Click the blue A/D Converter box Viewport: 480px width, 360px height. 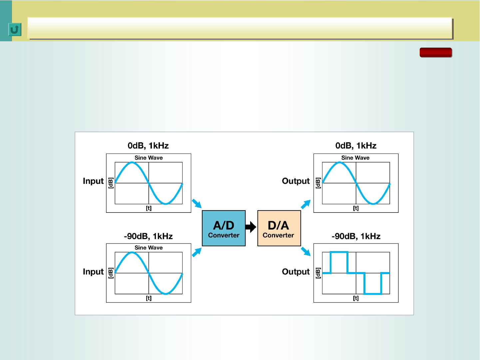pos(224,228)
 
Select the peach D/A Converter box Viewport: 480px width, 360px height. pos(279,228)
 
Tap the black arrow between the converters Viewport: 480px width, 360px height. pos(251,227)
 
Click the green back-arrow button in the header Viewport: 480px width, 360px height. pos(15,29)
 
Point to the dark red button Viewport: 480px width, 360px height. pos(436,53)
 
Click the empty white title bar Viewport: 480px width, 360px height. pos(240,28)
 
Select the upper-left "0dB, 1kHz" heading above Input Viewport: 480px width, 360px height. pos(148,146)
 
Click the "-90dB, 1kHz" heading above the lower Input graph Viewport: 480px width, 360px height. pos(148,236)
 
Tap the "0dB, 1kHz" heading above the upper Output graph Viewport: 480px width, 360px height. pos(356,146)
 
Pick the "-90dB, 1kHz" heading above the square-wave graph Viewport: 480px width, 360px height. pos(356,236)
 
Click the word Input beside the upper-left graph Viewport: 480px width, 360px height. pos(93,181)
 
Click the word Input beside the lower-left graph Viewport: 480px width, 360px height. pos(93,272)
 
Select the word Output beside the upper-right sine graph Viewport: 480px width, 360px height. pos(296,181)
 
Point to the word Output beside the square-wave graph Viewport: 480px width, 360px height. pos(296,272)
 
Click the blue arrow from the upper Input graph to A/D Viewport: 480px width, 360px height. pos(197,203)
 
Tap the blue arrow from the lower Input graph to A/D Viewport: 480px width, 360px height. pos(197,252)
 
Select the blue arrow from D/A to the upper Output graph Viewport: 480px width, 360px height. pos(306,204)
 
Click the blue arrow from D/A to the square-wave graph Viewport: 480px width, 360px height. pos(306,251)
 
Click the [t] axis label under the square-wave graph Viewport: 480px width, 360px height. pos(356,298)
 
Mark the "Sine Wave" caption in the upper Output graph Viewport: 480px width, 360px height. pos(355,158)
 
